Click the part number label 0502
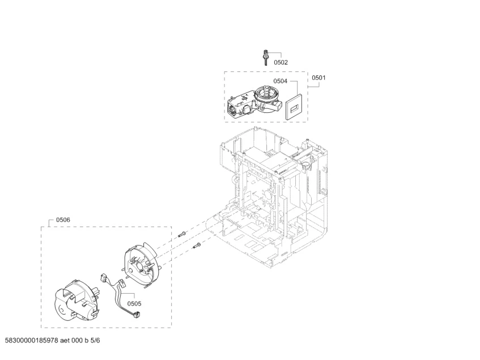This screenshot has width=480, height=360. [x=281, y=62]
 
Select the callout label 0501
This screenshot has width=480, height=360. [x=318, y=78]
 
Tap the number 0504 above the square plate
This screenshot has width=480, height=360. [x=280, y=81]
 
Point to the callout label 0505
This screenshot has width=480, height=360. [x=134, y=304]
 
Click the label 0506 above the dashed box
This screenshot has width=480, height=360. [x=63, y=220]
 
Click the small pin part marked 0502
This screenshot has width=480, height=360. [x=266, y=57]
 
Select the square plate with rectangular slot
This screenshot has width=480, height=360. [x=294, y=107]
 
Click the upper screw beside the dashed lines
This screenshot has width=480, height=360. [x=182, y=235]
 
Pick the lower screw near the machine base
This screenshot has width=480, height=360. [x=197, y=245]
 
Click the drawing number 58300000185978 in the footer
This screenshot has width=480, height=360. [x=32, y=340]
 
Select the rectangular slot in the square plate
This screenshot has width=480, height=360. [x=294, y=108]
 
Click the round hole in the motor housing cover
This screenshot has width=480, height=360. [x=62, y=311]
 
